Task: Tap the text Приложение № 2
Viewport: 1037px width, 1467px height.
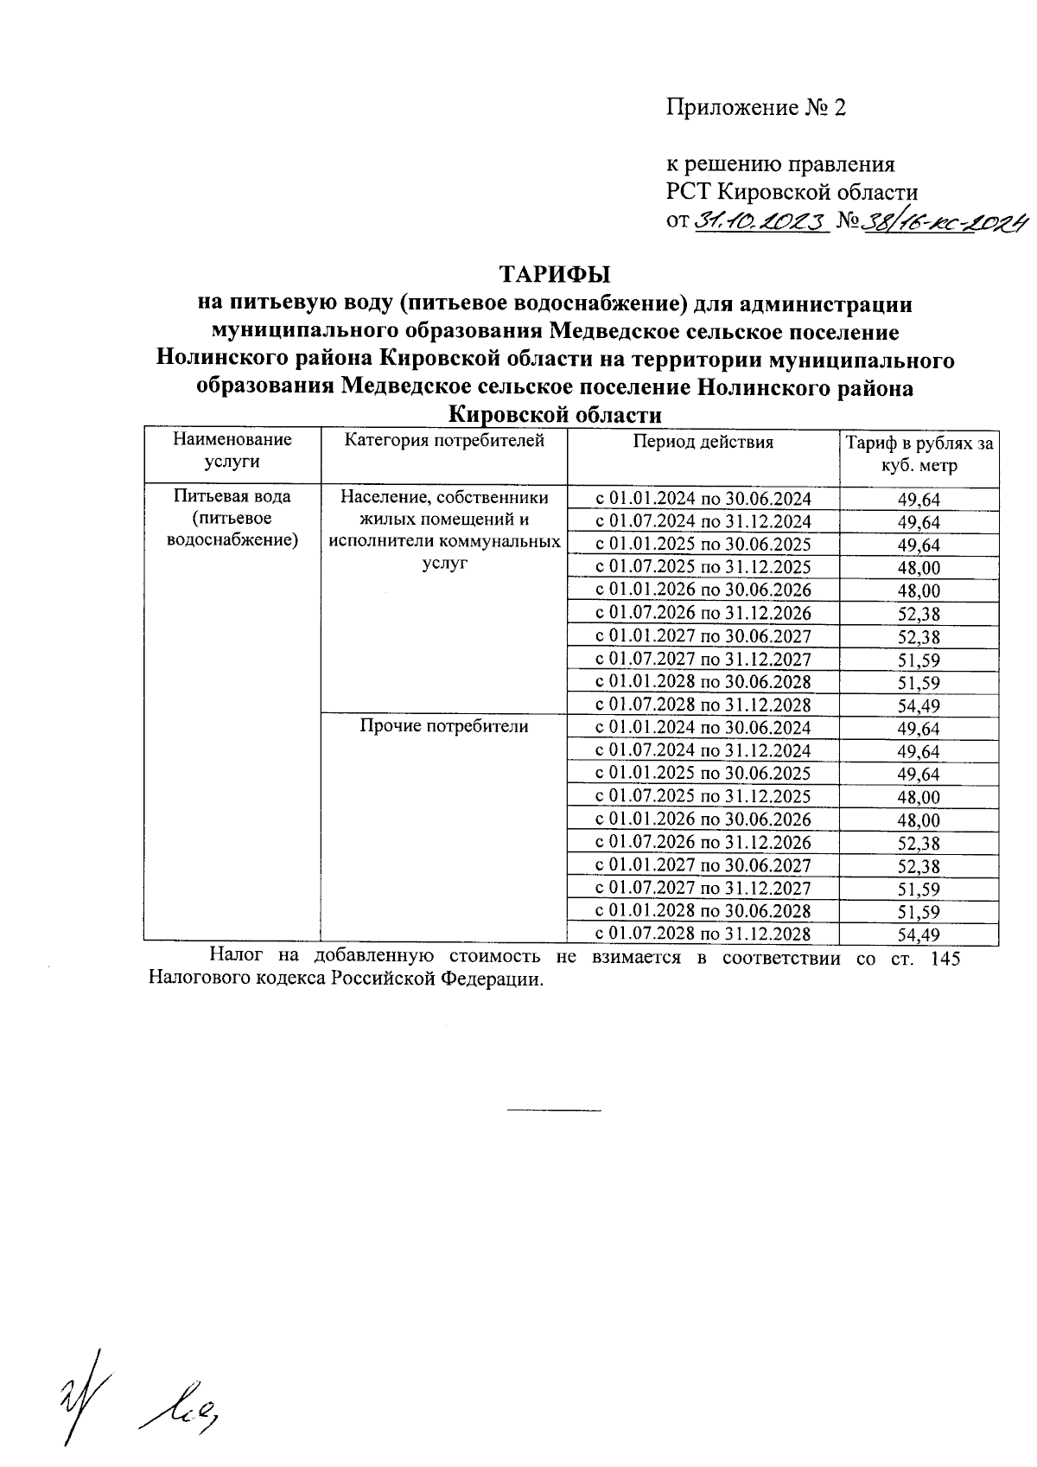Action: (755, 108)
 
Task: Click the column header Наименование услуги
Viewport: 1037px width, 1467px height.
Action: (232, 450)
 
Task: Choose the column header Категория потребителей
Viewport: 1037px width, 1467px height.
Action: (444, 441)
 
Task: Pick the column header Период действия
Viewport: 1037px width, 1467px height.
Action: (703, 442)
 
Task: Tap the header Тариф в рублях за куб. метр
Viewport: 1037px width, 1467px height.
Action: (919, 455)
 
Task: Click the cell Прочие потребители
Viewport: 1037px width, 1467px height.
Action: (443, 726)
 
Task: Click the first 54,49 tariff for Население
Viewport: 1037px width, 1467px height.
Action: (919, 705)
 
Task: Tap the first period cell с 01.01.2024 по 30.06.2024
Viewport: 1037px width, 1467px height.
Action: (703, 498)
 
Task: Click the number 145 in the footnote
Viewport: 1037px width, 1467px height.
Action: (945, 958)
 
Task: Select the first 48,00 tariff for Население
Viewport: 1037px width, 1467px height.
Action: (919, 568)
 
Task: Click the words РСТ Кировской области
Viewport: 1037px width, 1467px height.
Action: (791, 192)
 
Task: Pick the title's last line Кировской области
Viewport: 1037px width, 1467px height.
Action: (555, 415)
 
